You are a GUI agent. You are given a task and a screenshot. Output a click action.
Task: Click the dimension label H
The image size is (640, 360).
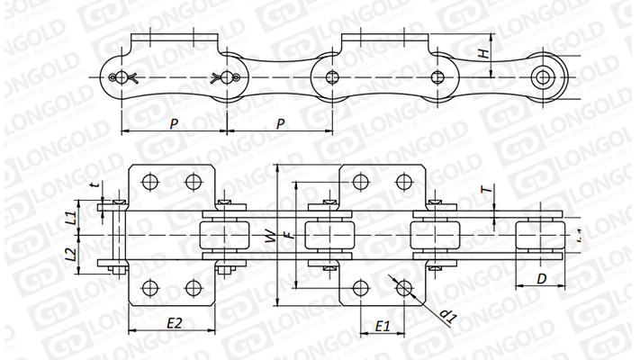(484, 54)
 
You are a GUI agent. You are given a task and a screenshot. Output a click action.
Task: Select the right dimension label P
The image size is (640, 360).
(280, 121)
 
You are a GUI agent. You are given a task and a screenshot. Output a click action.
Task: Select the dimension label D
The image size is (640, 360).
(541, 278)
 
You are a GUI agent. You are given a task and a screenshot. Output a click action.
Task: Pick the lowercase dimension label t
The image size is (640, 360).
(94, 185)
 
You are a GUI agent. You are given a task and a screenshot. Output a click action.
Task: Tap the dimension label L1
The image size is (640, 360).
(70, 216)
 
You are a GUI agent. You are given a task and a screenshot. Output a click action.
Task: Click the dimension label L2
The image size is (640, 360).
(70, 255)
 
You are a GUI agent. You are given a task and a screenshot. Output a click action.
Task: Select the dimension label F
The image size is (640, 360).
(287, 236)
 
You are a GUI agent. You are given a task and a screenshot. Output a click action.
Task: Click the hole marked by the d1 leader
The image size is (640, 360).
(403, 288)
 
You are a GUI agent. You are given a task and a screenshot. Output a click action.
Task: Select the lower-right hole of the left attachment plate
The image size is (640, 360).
(191, 288)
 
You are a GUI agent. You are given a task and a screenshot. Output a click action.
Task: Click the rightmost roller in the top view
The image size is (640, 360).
(540, 236)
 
